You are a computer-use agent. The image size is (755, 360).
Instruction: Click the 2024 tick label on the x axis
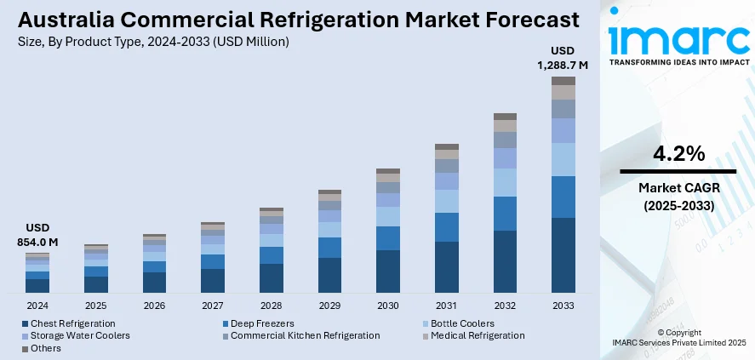pos(37,305)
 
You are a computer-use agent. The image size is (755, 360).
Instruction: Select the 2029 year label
pos(329,305)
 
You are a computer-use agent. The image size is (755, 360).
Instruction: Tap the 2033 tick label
pos(563,305)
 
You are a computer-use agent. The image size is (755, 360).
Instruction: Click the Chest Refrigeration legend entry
pos(72,323)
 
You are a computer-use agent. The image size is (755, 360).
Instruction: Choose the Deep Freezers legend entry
pos(263,323)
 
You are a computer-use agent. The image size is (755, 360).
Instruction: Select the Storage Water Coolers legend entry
pos(79,335)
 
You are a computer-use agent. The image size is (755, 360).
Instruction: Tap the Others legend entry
pos(45,348)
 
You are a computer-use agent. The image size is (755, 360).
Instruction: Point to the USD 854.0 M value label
pos(38,236)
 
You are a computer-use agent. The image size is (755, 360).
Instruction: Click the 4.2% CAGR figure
pos(678,154)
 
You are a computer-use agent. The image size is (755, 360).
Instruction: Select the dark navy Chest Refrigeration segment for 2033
pos(563,254)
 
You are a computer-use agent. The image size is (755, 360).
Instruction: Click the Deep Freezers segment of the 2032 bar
pos(505,214)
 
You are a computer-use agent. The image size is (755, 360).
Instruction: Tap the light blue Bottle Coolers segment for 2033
pos(563,159)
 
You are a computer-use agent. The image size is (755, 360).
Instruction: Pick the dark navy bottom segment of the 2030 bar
pos(388,271)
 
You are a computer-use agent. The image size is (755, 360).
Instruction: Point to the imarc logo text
pos(678,38)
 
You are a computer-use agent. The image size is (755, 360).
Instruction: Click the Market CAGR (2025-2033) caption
pos(678,197)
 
